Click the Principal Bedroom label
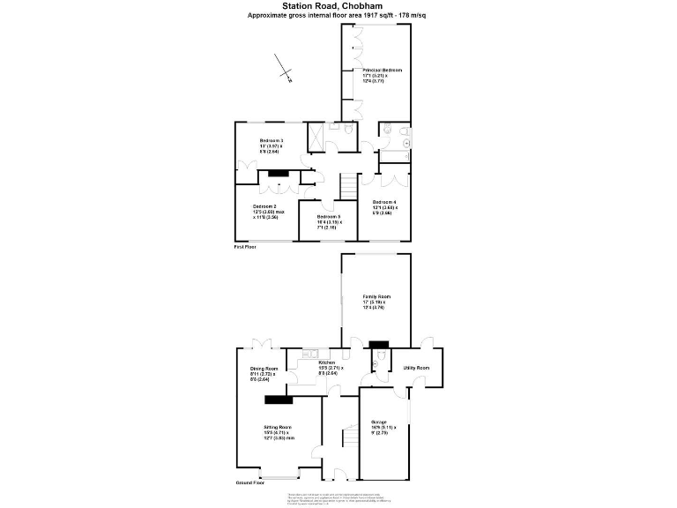(381, 70)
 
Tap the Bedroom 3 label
(271, 141)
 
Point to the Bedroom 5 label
(328, 216)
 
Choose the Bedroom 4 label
(384, 203)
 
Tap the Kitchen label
(327, 362)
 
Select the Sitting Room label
(277, 426)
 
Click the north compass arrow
(284, 70)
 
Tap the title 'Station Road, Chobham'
(339, 6)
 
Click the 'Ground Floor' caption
(250, 483)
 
